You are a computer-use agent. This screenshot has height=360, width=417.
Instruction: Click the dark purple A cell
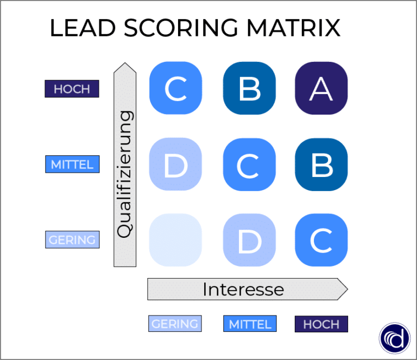[321, 89]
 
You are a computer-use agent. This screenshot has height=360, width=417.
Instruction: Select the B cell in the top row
[249, 89]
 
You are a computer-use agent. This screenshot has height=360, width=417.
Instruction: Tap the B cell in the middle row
[321, 165]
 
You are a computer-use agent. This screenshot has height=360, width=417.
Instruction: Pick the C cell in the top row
[175, 89]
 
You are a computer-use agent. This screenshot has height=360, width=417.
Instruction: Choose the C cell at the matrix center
[249, 165]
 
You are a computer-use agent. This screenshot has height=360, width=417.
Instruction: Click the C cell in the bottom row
[321, 240]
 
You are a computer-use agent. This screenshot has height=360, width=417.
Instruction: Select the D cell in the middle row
[175, 165]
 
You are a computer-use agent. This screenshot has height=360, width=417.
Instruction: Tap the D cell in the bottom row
[249, 240]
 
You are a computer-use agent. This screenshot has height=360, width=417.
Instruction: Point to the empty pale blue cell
[175, 240]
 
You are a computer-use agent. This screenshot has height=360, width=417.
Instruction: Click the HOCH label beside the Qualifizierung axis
[72, 89]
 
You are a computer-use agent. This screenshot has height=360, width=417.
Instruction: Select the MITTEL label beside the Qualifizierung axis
[72, 164]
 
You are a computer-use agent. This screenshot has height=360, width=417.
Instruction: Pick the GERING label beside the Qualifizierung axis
[72, 239]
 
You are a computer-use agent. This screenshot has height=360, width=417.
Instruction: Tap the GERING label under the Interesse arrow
[175, 324]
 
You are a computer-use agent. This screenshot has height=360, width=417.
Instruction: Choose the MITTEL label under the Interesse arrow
[250, 324]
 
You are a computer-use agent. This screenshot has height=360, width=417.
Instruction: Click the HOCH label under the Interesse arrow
[321, 324]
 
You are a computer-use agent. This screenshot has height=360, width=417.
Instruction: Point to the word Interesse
[243, 289]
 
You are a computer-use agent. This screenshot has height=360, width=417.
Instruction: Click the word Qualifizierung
[125, 174]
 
